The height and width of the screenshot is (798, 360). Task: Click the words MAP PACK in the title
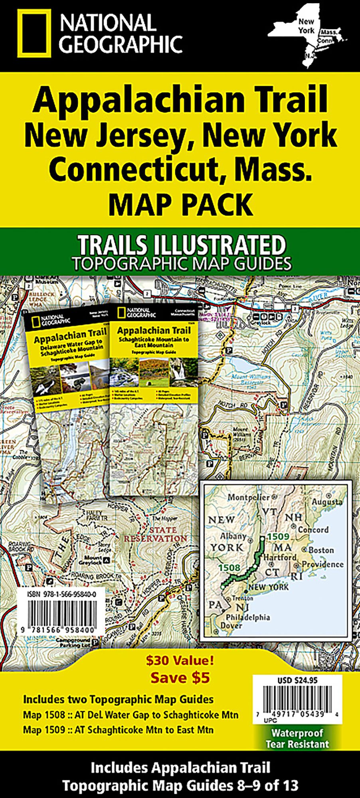coord(180,204)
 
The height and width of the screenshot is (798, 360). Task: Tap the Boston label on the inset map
coord(321,550)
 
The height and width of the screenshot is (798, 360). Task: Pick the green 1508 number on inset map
coord(229,568)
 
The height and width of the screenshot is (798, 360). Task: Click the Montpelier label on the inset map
coord(249,498)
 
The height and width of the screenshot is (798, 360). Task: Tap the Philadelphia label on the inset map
coord(248,617)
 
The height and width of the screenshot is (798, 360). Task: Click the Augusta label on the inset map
coord(327,502)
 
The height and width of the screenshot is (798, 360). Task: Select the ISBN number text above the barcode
coord(62,594)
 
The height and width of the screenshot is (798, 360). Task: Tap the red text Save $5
coord(180,678)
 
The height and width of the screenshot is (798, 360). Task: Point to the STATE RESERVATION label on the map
coord(155,534)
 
